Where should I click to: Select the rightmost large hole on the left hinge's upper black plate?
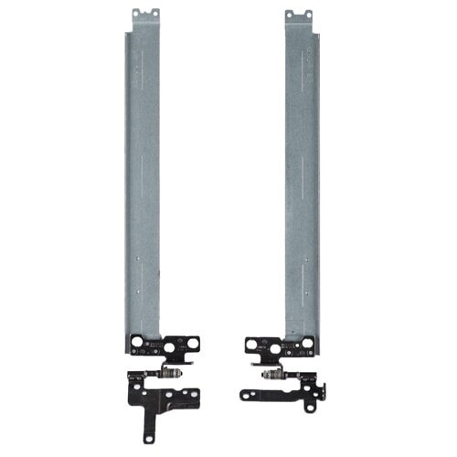click(x=193, y=344)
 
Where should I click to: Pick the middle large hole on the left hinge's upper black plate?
click(x=154, y=345)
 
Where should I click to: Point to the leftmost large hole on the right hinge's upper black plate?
click(x=251, y=344)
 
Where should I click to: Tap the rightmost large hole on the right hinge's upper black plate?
click(x=308, y=345)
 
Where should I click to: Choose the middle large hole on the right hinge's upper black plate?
click(x=291, y=345)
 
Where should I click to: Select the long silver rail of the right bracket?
click(x=302, y=183)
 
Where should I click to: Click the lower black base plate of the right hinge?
click(x=274, y=396)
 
